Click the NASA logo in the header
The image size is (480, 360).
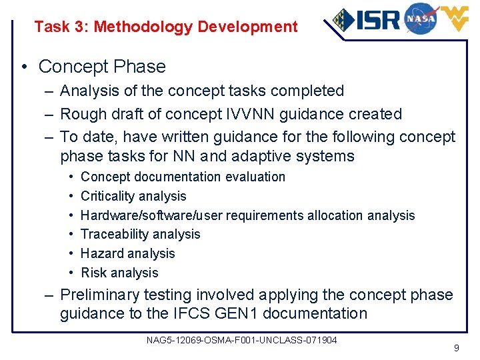click(420, 18)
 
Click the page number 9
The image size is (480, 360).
click(456, 347)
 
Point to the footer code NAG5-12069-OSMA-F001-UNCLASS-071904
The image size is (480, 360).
click(241, 340)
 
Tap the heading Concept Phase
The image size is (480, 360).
click(102, 67)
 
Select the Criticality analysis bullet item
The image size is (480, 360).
click(133, 196)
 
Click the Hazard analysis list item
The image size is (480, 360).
click(127, 253)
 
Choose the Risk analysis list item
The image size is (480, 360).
click(119, 273)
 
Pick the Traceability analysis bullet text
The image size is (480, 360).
click(140, 234)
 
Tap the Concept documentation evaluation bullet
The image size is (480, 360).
click(183, 177)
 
